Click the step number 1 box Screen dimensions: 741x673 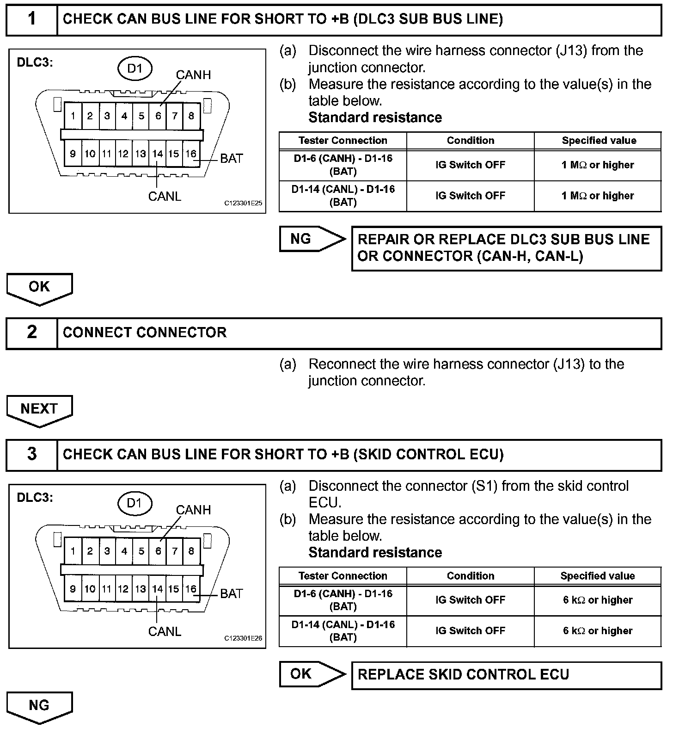(x=31, y=19)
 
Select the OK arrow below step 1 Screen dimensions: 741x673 (x=39, y=288)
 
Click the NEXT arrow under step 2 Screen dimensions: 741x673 (x=39, y=410)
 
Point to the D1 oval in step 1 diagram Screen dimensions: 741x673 (x=135, y=69)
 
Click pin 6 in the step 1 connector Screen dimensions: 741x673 (x=158, y=116)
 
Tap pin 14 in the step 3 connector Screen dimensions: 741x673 (x=158, y=589)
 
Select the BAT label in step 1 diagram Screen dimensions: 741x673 (x=231, y=159)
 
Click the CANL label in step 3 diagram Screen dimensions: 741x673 (x=165, y=631)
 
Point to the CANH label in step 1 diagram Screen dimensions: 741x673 (x=193, y=75)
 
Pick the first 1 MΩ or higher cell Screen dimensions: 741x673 (x=598, y=165)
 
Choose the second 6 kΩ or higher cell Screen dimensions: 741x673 (x=598, y=631)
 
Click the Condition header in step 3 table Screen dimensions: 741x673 (x=470, y=576)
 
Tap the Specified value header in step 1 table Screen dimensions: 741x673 (x=599, y=141)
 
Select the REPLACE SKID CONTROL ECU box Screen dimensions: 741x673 (x=506, y=675)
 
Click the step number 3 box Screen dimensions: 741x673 (x=31, y=454)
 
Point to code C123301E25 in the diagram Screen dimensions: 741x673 (x=243, y=203)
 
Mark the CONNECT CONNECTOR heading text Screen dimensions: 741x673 (x=145, y=333)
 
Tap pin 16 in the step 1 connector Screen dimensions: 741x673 (x=191, y=154)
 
